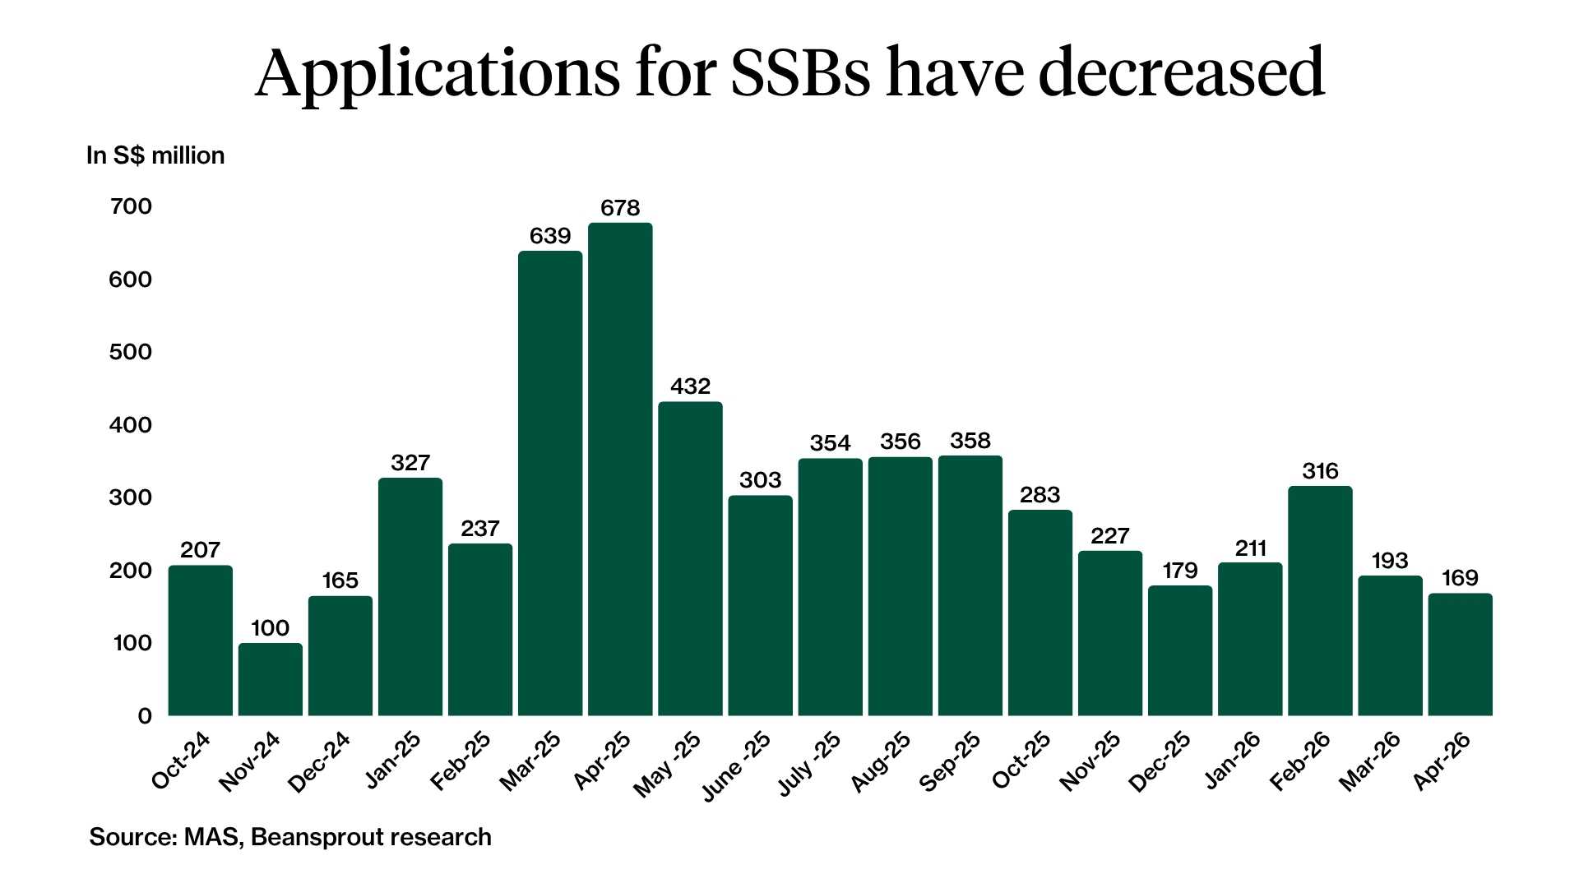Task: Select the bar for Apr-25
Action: point(620,469)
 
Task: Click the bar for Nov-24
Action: point(271,679)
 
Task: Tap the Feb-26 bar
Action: point(1320,600)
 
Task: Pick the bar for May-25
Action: point(690,558)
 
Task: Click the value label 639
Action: point(550,237)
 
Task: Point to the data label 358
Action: point(970,441)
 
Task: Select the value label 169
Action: point(1460,578)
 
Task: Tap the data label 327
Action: point(410,463)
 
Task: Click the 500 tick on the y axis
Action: point(131,352)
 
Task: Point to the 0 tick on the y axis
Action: point(145,716)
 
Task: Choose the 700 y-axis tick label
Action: point(131,206)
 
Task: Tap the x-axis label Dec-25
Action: point(1160,762)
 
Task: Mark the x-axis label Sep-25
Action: point(950,762)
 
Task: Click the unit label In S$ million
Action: point(155,155)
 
